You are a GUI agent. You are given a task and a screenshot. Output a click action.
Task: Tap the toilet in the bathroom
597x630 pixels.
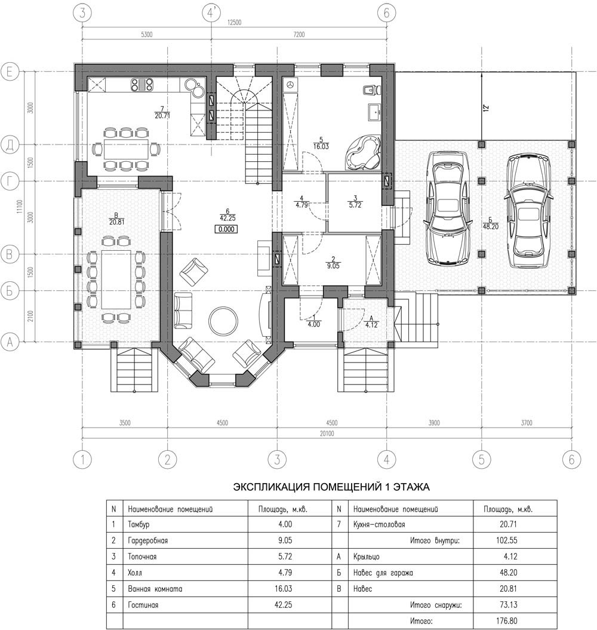[370, 90]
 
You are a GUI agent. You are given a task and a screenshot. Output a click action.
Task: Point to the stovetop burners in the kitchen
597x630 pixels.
[142, 84]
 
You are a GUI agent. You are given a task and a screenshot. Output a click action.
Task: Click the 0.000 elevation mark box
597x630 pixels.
[226, 229]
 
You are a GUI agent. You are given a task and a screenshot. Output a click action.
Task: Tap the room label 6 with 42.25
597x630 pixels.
[227, 215]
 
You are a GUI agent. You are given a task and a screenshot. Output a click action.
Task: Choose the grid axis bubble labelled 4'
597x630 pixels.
[212, 13]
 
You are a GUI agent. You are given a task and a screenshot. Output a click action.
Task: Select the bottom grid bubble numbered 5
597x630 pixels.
[482, 459]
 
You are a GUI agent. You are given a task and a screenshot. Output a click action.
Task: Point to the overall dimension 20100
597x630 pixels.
[327, 434]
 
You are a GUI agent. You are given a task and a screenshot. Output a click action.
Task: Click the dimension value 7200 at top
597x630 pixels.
[298, 35]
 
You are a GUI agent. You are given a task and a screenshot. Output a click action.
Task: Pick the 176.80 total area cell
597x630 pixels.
[507, 621]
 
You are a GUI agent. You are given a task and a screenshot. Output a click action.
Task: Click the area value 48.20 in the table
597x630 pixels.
[508, 573]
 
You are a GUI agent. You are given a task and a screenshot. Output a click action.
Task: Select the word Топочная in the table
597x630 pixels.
[142, 557]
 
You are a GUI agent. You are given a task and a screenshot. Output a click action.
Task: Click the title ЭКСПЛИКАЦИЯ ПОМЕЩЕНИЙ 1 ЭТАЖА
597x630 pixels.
[331, 487]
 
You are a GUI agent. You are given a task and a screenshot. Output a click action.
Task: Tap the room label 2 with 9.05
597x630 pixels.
[333, 262]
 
